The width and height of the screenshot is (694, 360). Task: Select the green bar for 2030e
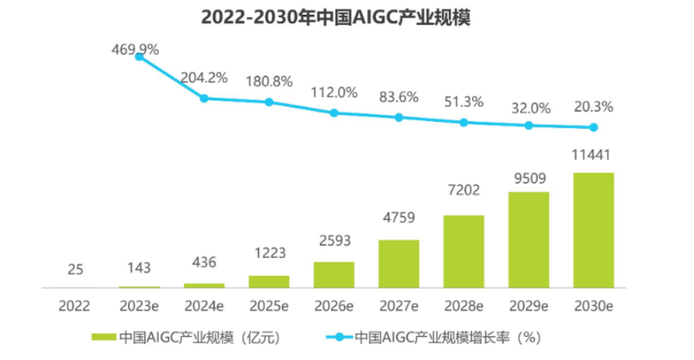pyautogui.click(x=594, y=230)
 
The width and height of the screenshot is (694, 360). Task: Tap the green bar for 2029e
pyautogui.click(x=529, y=239)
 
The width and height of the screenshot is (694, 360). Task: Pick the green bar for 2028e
pyautogui.click(x=464, y=251)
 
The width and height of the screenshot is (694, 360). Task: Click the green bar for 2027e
pyautogui.click(x=399, y=263)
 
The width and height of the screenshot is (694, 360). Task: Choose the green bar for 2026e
pyautogui.click(x=334, y=274)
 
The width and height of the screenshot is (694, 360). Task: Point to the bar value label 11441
pyautogui.click(x=594, y=156)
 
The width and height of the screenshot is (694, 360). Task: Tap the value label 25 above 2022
pyautogui.click(x=74, y=270)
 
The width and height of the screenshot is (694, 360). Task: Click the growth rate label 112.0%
pyautogui.click(x=334, y=92)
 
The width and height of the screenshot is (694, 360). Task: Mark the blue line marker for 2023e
pyautogui.click(x=139, y=56)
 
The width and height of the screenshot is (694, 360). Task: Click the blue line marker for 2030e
pyautogui.click(x=594, y=127)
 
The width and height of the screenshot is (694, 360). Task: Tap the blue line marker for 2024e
pyautogui.click(x=204, y=98)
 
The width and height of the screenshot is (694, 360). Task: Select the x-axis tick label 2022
pyautogui.click(x=74, y=305)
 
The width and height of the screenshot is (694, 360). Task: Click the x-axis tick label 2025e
pyautogui.click(x=269, y=305)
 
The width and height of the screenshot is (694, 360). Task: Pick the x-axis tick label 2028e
pyautogui.click(x=464, y=305)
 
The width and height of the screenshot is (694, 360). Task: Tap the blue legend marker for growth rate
pyautogui.click(x=335, y=338)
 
